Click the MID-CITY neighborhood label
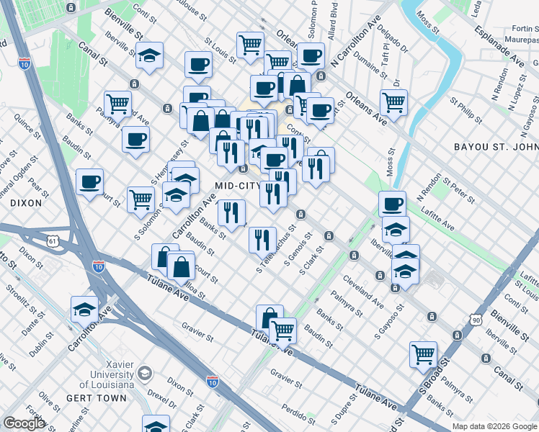point(236,186)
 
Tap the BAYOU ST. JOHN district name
point(496,148)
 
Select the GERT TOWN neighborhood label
point(87,398)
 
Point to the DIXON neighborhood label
point(27,203)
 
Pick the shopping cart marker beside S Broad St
point(423,354)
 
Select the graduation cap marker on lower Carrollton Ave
point(85,310)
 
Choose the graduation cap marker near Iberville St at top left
point(149,55)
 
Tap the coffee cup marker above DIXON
point(89,181)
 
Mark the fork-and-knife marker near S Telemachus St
point(262,239)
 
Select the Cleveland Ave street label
point(363,289)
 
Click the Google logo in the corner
point(24,423)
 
